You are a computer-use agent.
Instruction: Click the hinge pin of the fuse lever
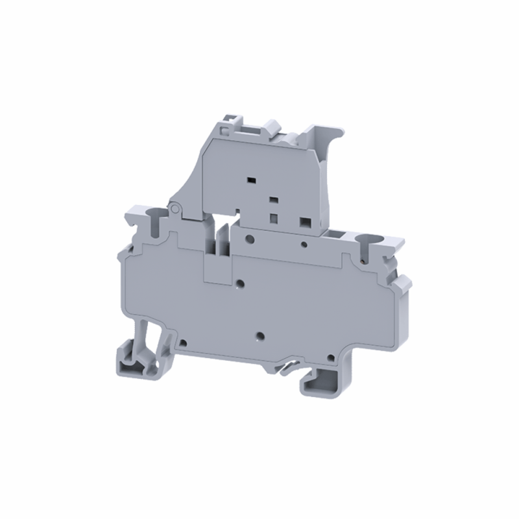pyautogui.click(x=175, y=208)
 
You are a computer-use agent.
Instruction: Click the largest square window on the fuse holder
pyautogui.click(x=302, y=221)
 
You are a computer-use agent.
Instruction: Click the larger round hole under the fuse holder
pyautogui.click(x=248, y=238)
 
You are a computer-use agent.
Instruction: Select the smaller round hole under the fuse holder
pyautogui.click(x=304, y=244)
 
